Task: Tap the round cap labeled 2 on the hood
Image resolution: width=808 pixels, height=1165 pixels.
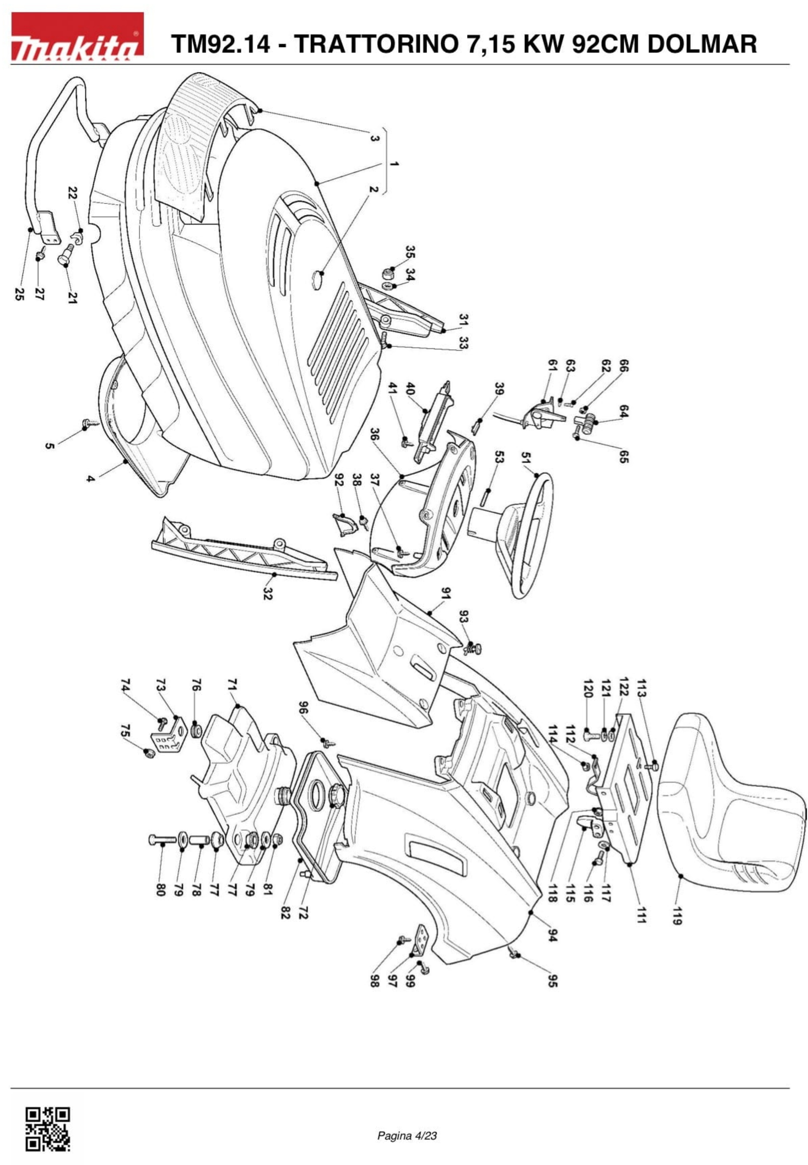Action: (x=318, y=279)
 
